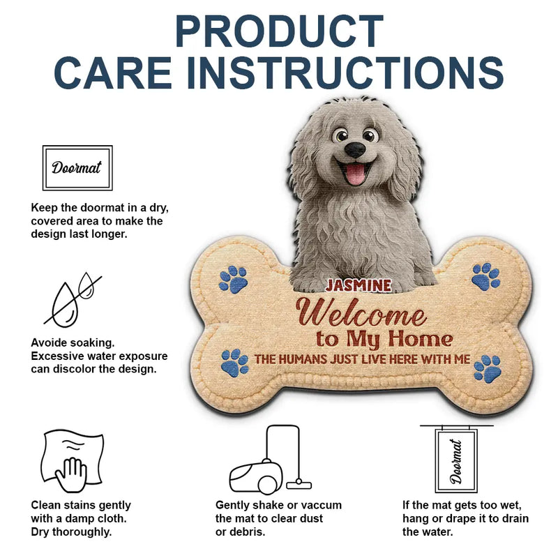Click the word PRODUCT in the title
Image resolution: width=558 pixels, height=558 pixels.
pyautogui.click(x=279, y=31)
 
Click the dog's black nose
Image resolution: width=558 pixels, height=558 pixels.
pyautogui.click(x=355, y=149)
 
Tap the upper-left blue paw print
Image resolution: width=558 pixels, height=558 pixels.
pyautogui.click(x=234, y=278)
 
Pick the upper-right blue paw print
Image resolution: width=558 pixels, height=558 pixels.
pyautogui.click(x=485, y=276)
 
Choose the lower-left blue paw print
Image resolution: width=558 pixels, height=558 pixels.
pyautogui.click(x=234, y=363)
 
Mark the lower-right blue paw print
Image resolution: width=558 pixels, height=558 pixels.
pyautogui.click(x=487, y=368)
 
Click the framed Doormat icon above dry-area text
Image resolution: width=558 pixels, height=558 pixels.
pyautogui.click(x=77, y=167)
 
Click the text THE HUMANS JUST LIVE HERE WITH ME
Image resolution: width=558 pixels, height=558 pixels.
pyautogui.click(x=362, y=360)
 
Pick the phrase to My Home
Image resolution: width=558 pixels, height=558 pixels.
pyautogui.click(x=384, y=340)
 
